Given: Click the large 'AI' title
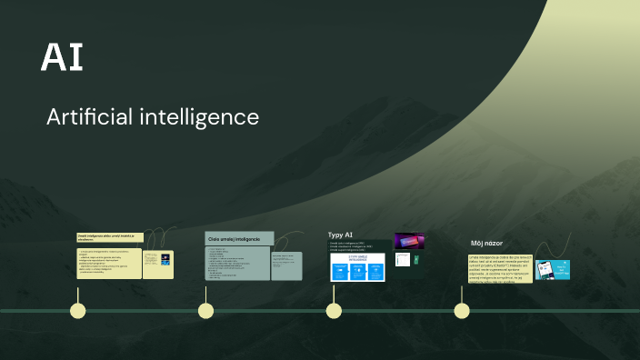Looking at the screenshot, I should click(x=63, y=57).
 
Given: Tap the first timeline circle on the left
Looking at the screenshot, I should click(x=78, y=311).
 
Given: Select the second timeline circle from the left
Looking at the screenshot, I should click(x=206, y=311).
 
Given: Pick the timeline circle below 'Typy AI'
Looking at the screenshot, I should click(x=334, y=311).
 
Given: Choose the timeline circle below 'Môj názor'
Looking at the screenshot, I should click(x=462, y=311).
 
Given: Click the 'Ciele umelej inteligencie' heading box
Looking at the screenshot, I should click(x=239, y=238).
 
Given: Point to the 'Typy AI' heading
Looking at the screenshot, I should click(x=340, y=235).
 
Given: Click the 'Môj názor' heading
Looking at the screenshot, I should click(x=486, y=244).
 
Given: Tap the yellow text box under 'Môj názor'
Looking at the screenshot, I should click(x=500, y=268).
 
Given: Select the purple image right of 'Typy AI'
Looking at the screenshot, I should click(x=408, y=241).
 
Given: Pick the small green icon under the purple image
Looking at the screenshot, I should click(x=416, y=259).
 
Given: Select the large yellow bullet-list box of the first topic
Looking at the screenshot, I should click(x=109, y=264).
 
